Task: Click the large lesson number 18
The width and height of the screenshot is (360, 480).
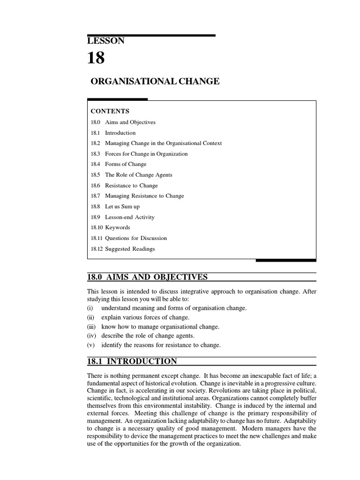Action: pos(96,58)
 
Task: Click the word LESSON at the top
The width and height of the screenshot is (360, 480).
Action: pos(106,41)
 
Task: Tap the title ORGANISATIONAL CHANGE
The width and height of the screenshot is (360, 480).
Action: pos(155,81)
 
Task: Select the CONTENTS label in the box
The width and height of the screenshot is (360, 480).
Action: pos(110,111)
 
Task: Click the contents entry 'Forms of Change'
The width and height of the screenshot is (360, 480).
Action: pos(126,164)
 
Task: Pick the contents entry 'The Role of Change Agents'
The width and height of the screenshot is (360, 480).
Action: pos(138,175)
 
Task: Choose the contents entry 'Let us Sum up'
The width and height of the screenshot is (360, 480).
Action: pos(122,206)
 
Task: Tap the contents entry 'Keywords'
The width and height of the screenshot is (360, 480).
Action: pos(118,227)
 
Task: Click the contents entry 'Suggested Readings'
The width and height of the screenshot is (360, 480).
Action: pos(130,249)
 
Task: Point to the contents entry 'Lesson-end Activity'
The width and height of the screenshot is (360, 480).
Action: pos(129,217)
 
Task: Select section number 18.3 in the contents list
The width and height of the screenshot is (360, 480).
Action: pos(95,154)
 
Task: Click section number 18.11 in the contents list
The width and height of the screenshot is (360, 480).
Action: pos(96,238)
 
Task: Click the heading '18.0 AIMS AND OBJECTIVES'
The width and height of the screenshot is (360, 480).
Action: pos(147,277)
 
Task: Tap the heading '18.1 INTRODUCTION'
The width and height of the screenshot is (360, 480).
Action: pos(132,361)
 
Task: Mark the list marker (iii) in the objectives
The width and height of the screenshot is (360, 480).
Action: pos(92,327)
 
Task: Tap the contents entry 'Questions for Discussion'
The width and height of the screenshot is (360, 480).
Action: pos(136,238)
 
